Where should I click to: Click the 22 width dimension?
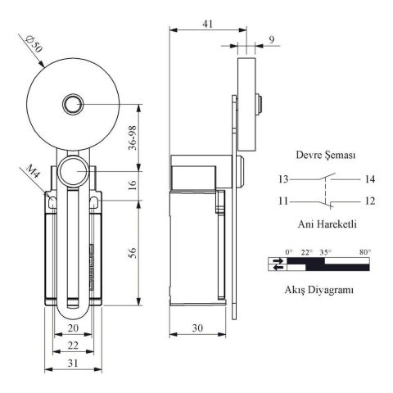pos(72,346)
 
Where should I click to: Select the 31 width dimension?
pos(72,364)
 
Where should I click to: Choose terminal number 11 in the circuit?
pos(282,201)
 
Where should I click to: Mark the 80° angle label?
pos(364,251)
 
